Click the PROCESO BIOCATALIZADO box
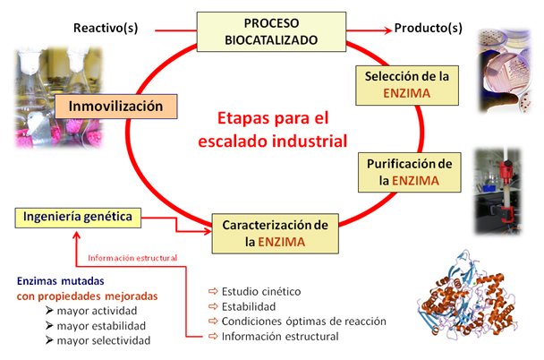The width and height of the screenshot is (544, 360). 271,32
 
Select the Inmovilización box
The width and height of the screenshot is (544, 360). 116,107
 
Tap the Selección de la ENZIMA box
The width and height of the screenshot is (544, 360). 407,85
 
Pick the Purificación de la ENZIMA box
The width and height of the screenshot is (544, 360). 410,172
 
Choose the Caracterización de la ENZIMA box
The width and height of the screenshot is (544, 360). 275,234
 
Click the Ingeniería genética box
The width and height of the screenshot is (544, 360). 78,218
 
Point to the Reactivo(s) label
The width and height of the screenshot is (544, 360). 106,28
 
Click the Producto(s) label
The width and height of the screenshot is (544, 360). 428,28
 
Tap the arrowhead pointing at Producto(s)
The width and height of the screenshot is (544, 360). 388,30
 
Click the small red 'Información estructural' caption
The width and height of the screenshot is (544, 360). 132,258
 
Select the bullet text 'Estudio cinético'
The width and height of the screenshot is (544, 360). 261,291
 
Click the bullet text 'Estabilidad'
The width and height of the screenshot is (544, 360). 249,306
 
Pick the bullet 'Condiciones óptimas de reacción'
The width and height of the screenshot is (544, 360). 303,321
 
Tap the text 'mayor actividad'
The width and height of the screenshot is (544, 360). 97,311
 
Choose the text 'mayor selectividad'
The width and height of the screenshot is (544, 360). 104,340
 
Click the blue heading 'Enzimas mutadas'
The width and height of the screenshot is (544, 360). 60,281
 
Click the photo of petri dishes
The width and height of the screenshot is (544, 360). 506,71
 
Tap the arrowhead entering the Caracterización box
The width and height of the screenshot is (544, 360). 208,231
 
